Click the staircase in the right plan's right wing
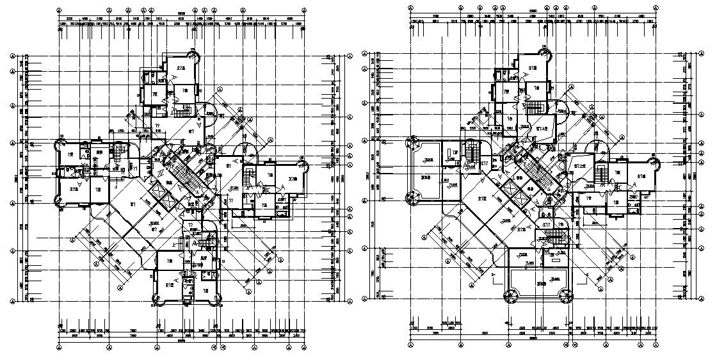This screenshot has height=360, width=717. (x=601, y=172)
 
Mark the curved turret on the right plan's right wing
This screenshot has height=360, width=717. (x=653, y=160)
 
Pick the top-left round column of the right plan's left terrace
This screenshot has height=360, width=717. (x=409, y=145)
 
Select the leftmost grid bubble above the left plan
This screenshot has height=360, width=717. (x=59, y=11)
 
